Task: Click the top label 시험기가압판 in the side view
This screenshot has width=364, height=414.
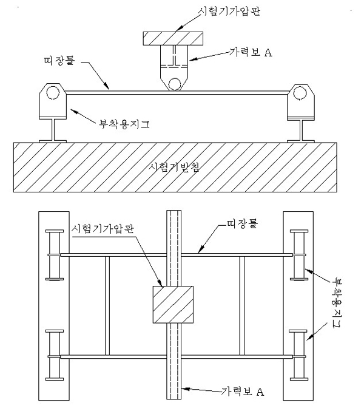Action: pos(229,11)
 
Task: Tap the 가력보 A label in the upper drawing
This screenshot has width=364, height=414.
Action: pos(251,52)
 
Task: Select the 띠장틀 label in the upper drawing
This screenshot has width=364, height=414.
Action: pos(59,60)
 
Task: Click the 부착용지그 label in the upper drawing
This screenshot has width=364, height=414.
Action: pos(124,124)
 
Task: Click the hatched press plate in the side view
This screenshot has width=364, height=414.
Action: pos(173,39)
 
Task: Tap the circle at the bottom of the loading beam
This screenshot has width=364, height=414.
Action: pos(174,84)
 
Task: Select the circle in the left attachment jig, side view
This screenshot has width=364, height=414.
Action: pos(53,93)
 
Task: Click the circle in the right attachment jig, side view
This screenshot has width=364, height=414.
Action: pos(300,93)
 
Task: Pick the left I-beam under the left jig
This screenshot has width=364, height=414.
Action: pos(53,130)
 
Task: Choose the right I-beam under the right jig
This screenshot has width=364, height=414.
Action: pos(301,130)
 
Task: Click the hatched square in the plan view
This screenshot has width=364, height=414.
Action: pos(173,305)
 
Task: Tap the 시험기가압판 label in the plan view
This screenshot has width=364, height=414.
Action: pos(103,228)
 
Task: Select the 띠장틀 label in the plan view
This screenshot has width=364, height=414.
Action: pos(242,223)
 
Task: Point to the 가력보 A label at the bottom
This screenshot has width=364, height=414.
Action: pos(242,391)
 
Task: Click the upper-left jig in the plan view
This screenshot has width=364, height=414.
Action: pos(55,255)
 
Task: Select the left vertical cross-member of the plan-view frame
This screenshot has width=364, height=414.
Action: pos(107,305)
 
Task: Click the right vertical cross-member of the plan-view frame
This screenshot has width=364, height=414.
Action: pos(242,305)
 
